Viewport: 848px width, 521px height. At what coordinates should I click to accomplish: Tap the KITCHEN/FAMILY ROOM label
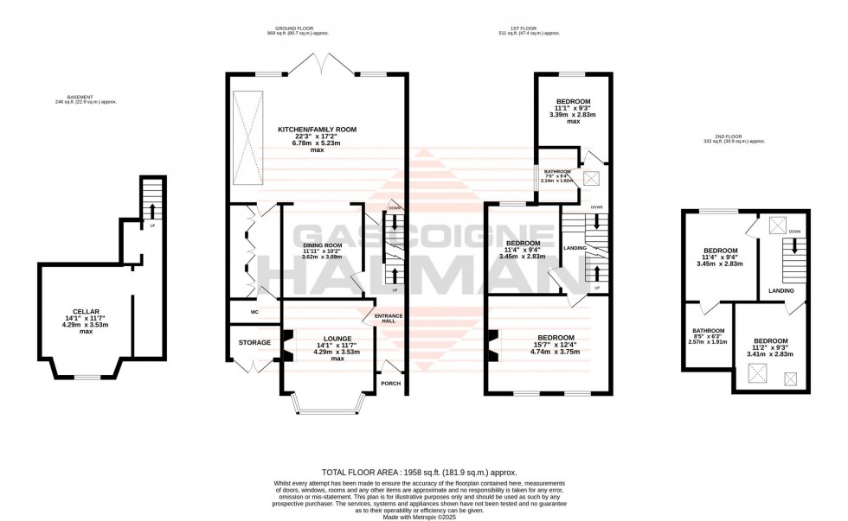point(317,130)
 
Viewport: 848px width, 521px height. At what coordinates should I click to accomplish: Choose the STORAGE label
point(254,342)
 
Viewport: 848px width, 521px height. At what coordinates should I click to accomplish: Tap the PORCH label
point(391,383)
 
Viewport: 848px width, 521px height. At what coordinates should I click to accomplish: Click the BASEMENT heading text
point(85,98)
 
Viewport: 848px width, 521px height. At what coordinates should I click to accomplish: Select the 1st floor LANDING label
point(575,249)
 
